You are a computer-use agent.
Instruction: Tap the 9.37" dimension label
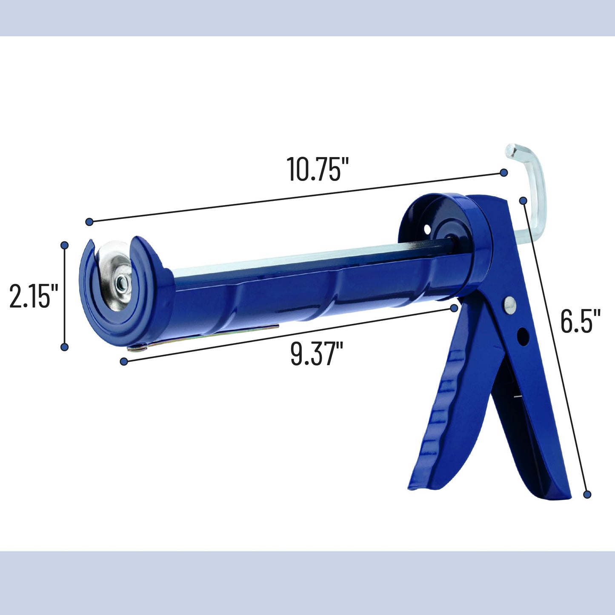(x=317, y=354)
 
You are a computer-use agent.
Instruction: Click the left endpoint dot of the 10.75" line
(x=89, y=221)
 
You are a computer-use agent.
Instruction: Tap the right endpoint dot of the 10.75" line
(x=504, y=172)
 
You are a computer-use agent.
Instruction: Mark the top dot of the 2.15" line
(x=65, y=245)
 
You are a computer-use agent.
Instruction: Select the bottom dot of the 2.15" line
(x=65, y=347)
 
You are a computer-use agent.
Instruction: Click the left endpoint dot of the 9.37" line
(x=124, y=362)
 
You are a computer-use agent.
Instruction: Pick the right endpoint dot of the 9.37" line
(x=454, y=307)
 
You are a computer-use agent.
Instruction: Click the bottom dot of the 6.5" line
(x=587, y=494)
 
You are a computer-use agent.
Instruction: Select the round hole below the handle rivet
(x=522, y=337)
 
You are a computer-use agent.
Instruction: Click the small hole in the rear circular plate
(x=427, y=229)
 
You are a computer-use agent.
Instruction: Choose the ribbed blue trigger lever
(x=443, y=409)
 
